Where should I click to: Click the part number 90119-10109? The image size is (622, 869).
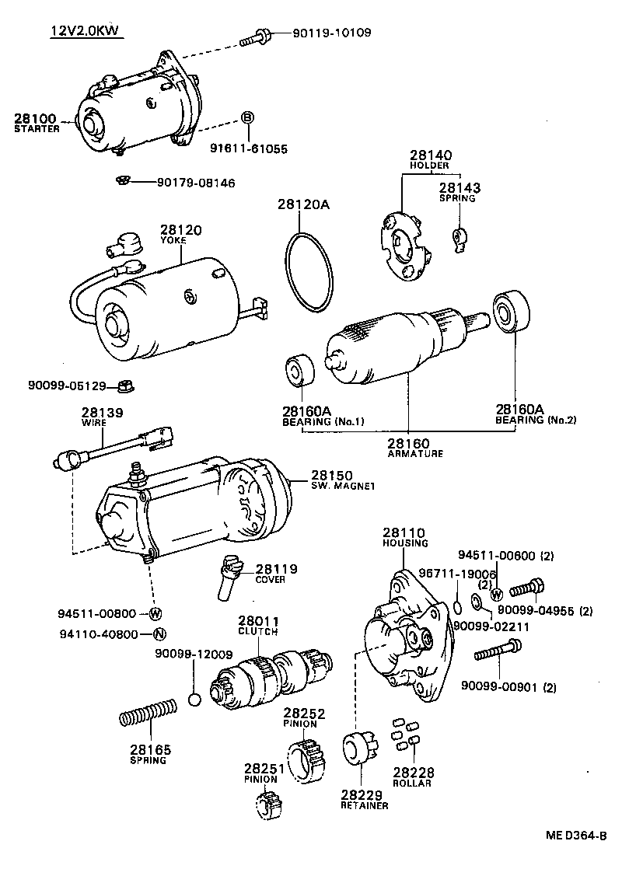(x=332, y=33)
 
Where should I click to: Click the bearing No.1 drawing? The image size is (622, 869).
(x=298, y=372)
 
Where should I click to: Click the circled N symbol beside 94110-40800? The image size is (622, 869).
(x=159, y=633)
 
